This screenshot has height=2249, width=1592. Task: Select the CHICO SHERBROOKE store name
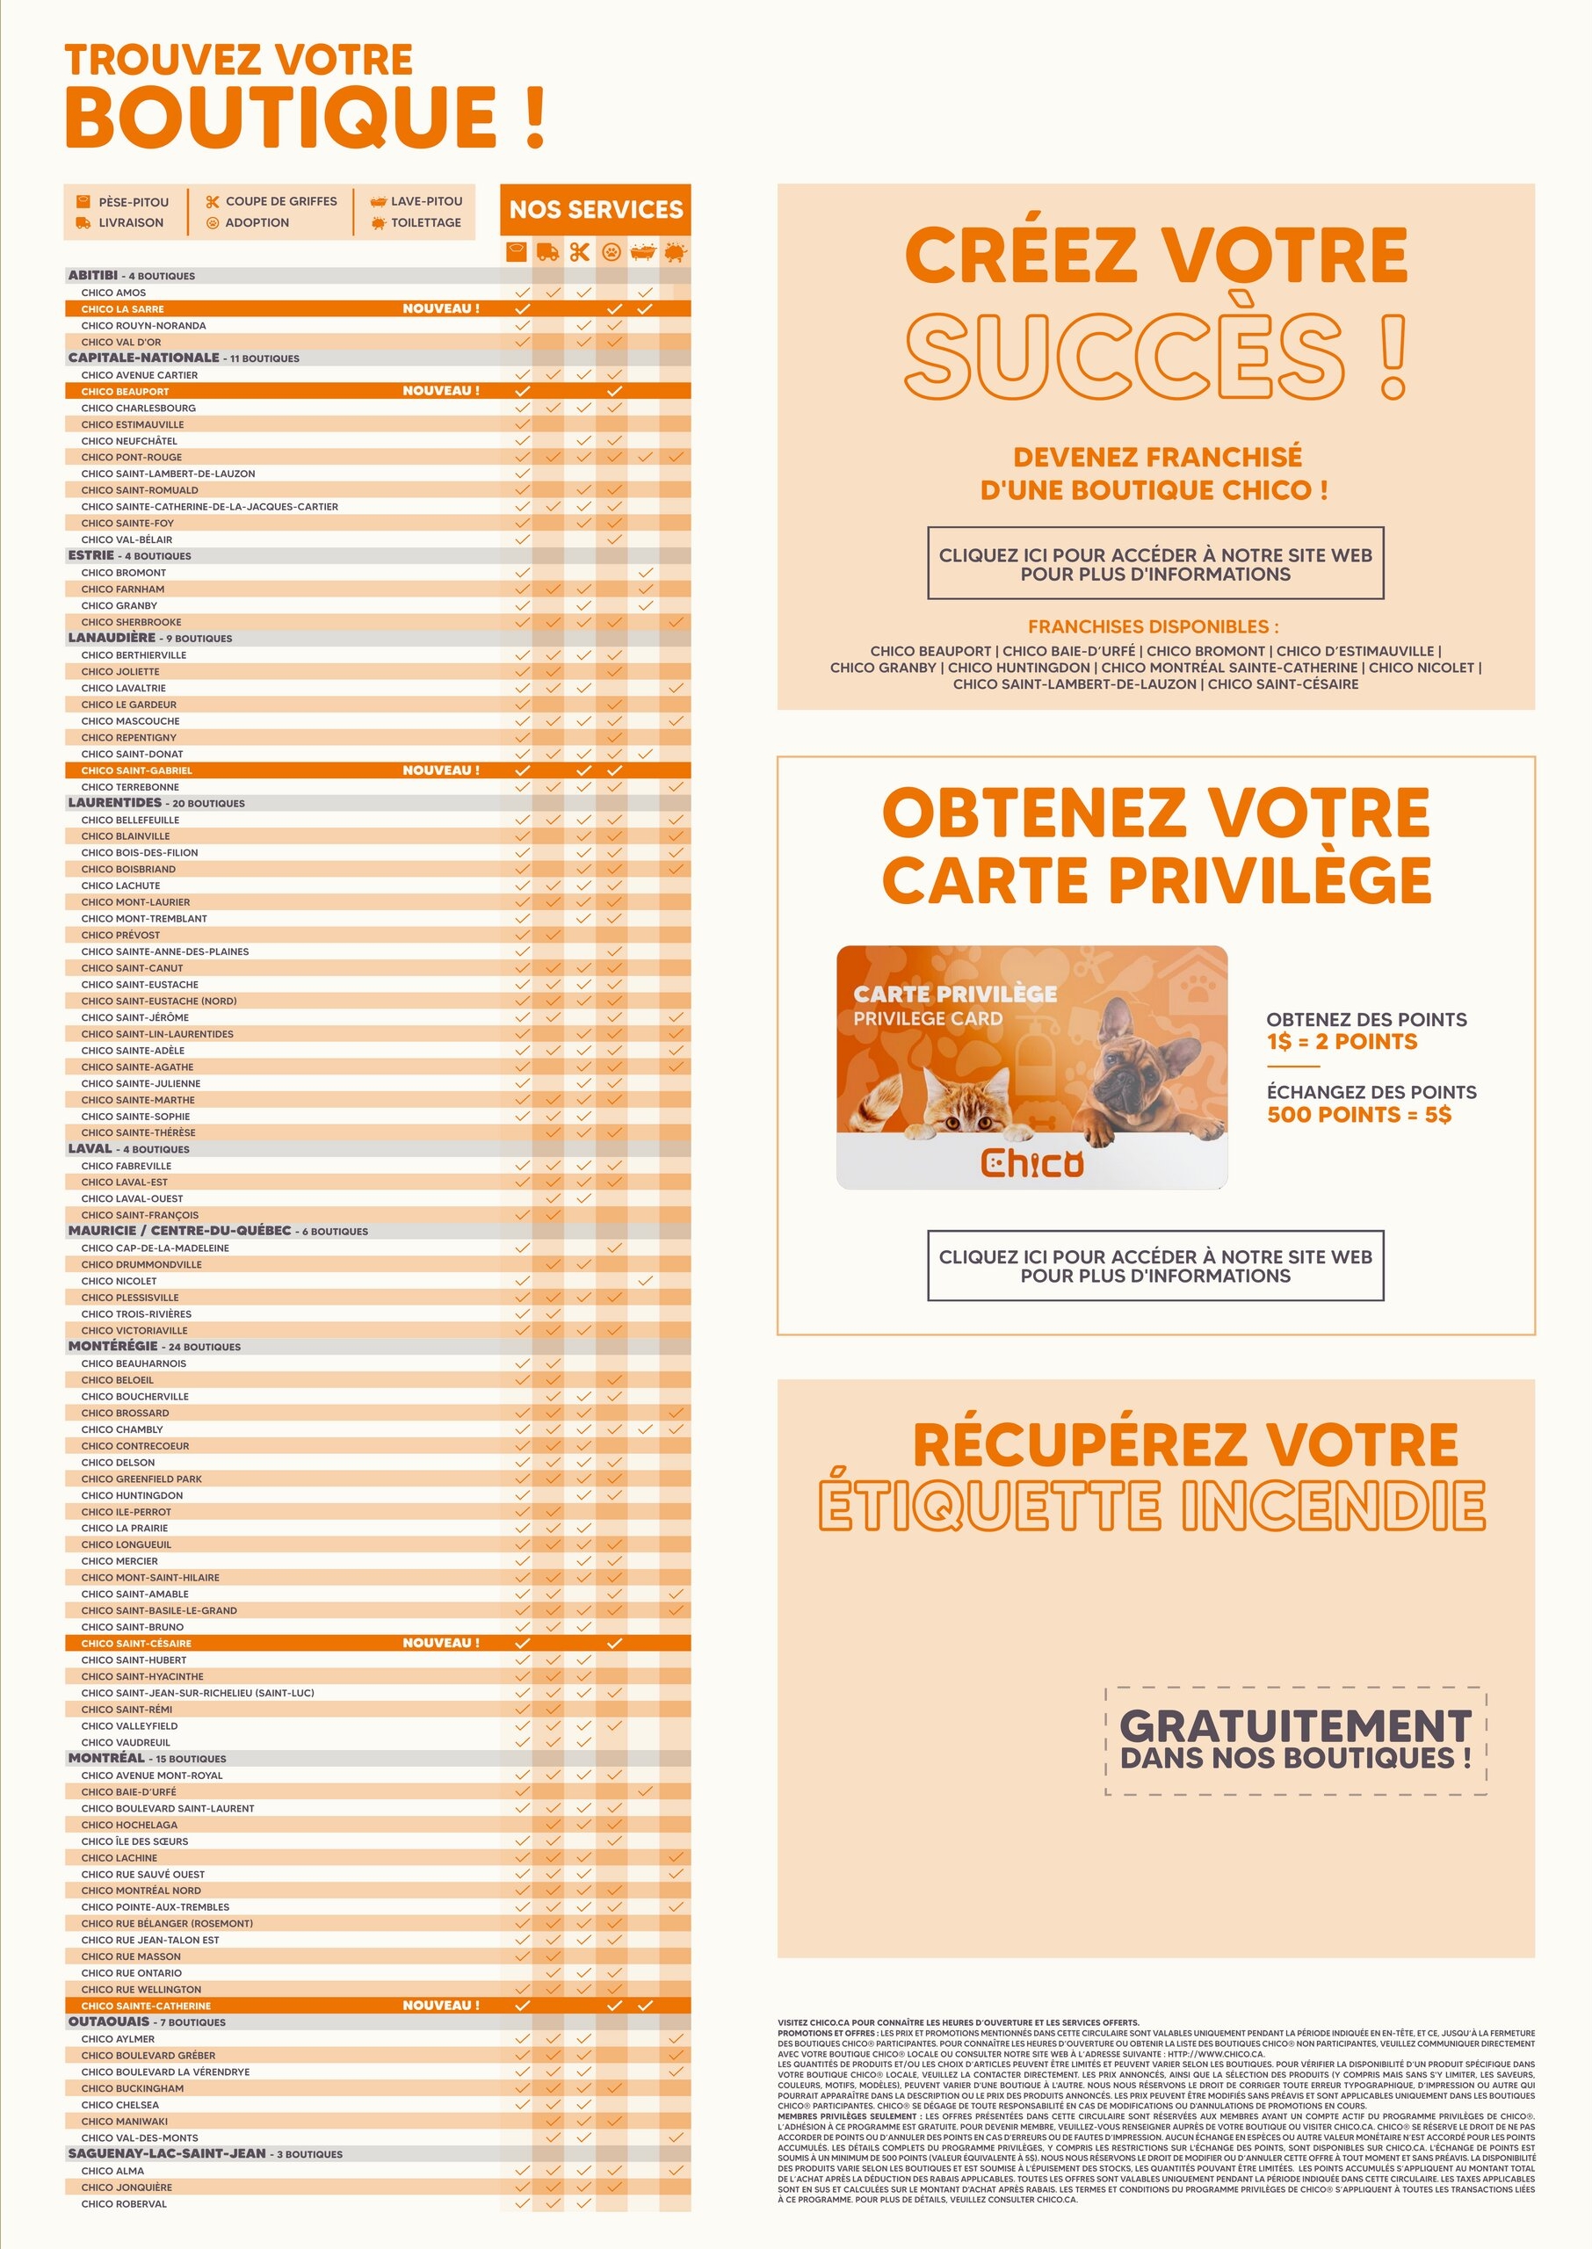tap(132, 622)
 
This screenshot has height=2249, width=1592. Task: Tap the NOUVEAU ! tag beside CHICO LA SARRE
tap(441, 308)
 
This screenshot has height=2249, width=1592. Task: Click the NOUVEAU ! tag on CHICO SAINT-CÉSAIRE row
tap(441, 1643)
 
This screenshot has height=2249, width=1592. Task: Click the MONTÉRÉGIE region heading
tap(112, 1347)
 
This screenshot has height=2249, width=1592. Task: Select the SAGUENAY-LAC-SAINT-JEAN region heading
tap(167, 2153)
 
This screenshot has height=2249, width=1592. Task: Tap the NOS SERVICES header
tap(596, 210)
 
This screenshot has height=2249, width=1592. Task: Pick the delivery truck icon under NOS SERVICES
tap(549, 253)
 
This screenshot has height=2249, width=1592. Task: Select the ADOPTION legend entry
tap(257, 222)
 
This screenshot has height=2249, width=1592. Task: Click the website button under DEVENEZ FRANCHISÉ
tap(1154, 563)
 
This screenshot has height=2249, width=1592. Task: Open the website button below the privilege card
tap(1154, 1265)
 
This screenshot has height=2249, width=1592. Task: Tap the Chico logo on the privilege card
tap(1031, 1162)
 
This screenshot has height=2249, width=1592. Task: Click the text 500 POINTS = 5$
tap(1358, 1114)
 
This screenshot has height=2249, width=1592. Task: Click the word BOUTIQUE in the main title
tap(281, 118)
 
